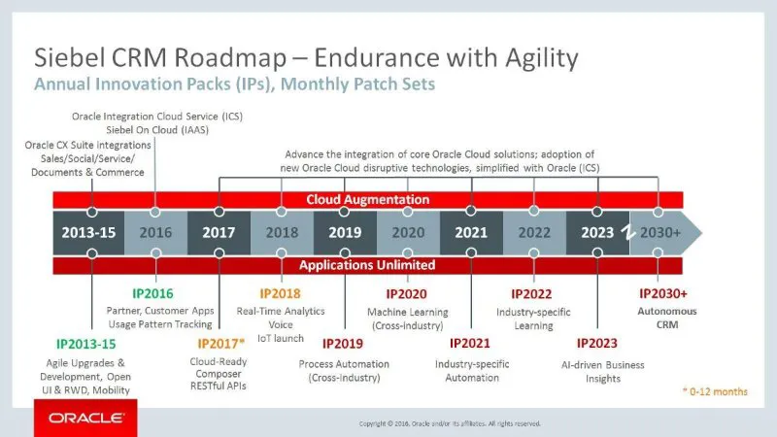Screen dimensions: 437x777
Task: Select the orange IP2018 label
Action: pos(282,293)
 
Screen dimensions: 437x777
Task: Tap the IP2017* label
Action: pos(221,343)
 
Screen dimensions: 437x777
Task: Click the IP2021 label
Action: pos(471,343)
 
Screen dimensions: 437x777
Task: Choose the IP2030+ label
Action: pos(664,293)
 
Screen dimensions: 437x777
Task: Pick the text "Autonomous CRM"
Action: pos(664,317)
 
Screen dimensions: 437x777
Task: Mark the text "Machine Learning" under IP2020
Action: pos(408,310)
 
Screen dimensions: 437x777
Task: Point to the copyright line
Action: pos(450,423)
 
